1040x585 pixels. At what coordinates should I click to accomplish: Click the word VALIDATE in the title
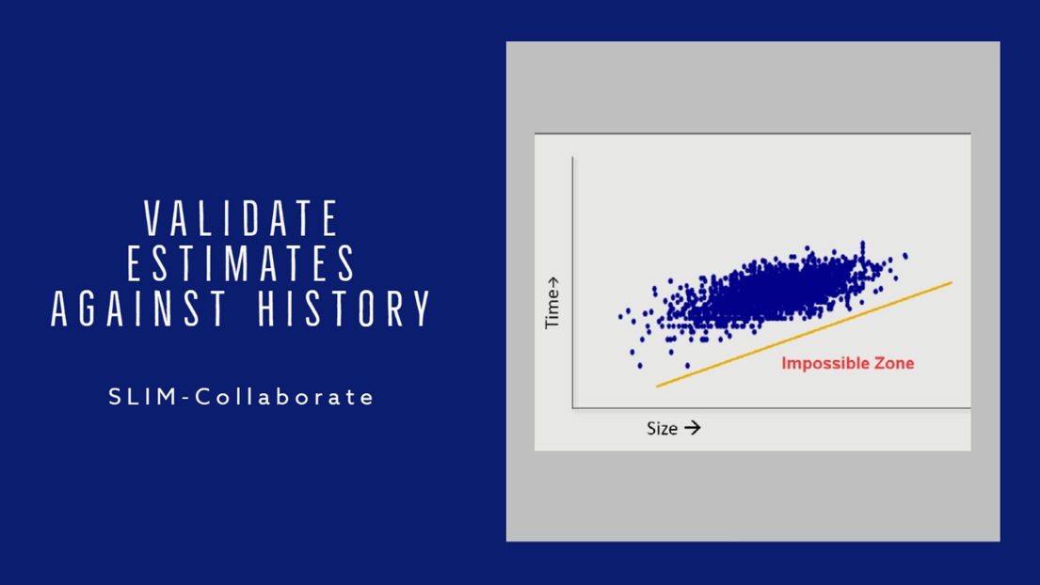(242, 218)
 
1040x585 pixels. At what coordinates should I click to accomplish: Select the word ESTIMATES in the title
(242, 263)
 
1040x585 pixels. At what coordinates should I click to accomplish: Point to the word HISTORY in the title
(344, 308)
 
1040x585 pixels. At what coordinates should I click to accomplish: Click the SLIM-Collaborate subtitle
(242, 397)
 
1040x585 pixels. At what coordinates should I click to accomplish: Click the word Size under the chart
(662, 429)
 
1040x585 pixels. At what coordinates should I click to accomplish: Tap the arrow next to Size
(693, 428)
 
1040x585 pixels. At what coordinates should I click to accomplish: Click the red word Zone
(894, 363)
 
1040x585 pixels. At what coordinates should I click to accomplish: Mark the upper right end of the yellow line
(952, 283)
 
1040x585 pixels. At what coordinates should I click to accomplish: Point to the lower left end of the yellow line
(657, 386)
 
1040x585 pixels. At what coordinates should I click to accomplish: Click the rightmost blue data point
(905, 256)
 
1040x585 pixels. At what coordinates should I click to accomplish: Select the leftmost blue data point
(621, 317)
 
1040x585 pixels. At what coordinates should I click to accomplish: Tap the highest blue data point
(863, 244)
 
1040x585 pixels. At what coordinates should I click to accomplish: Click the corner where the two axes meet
(573, 407)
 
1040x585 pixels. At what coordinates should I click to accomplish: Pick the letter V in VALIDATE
(153, 218)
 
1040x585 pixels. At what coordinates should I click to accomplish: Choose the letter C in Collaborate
(203, 397)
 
